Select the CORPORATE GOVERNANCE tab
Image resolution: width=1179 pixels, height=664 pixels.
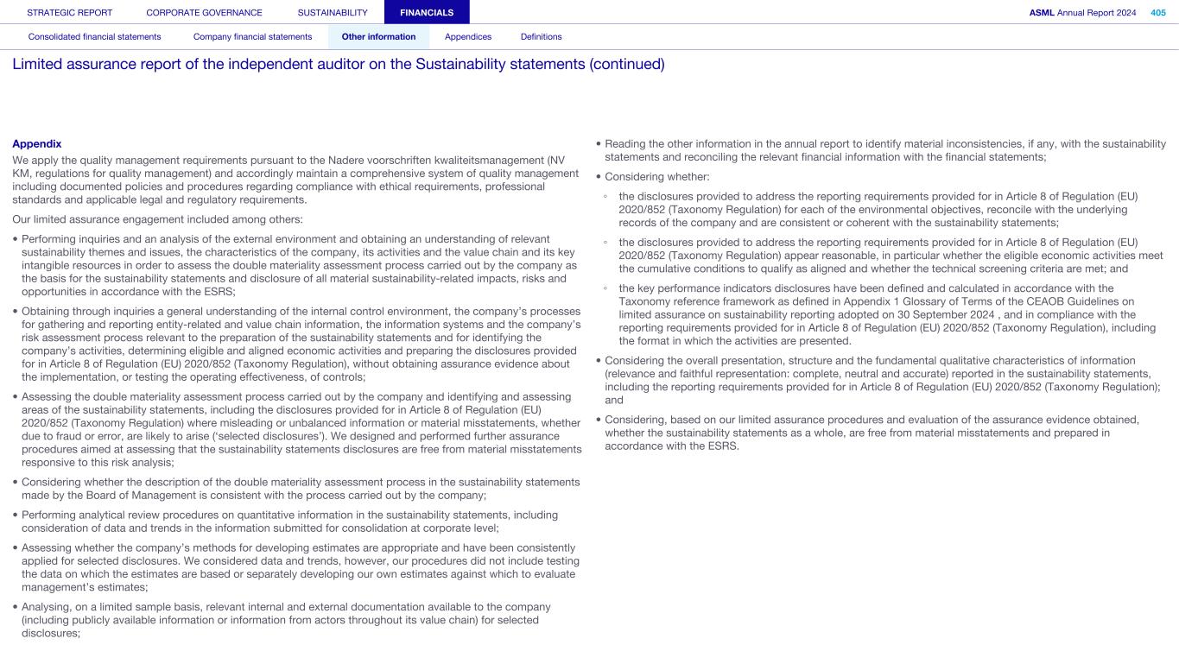(204, 13)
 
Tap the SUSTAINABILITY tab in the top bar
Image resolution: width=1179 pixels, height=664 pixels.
(333, 13)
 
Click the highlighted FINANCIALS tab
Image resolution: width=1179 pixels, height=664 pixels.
(426, 13)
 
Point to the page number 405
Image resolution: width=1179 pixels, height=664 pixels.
(1158, 13)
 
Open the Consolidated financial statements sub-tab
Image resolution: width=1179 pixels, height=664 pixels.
(94, 37)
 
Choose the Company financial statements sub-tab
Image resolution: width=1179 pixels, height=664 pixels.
(252, 37)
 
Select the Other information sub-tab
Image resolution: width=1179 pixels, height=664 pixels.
(378, 37)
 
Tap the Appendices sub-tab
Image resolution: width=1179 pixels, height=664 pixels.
(467, 37)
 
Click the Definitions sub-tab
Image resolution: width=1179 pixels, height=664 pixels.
(541, 37)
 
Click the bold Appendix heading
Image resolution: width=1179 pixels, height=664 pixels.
(37, 143)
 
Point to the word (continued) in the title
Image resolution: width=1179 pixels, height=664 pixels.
(627, 65)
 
